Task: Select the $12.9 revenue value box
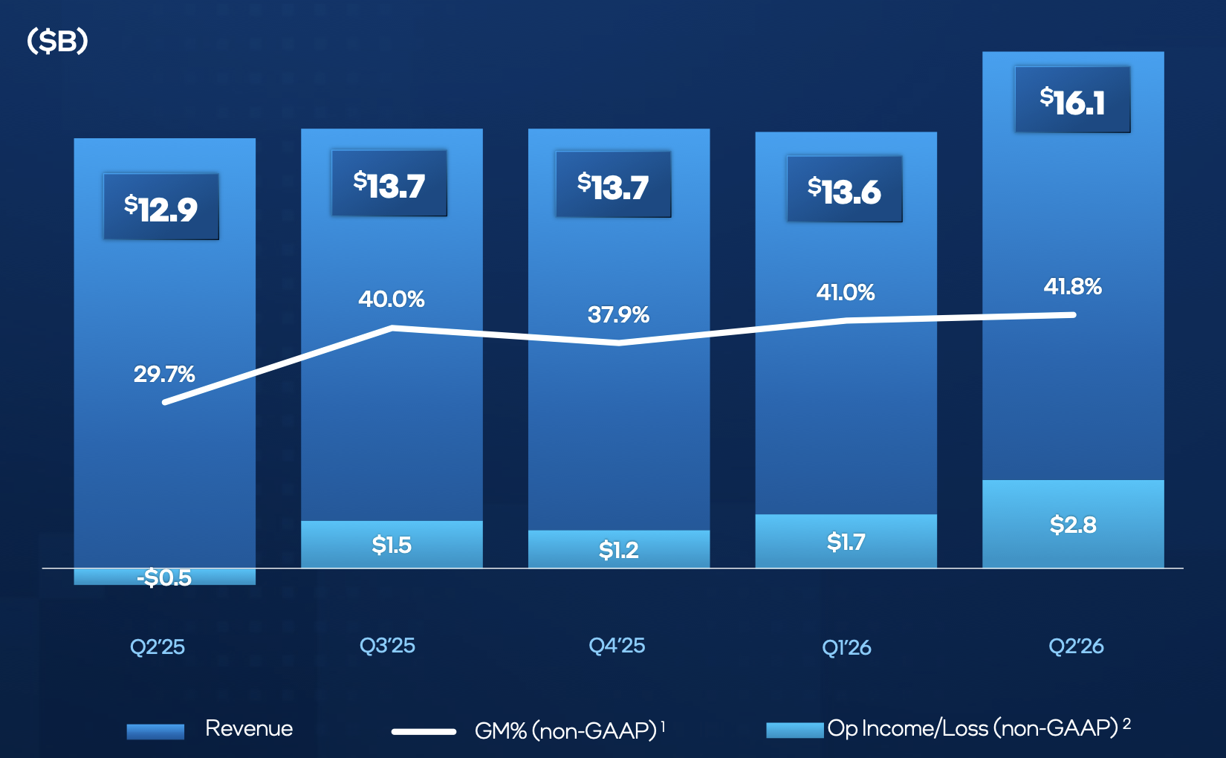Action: (x=161, y=207)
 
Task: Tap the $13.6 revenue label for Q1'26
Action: (x=845, y=189)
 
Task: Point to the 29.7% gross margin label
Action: (x=164, y=375)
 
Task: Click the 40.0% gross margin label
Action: (x=392, y=299)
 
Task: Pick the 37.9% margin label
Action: (x=618, y=314)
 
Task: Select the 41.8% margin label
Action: (x=1073, y=287)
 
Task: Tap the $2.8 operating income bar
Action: (x=1073, y=524)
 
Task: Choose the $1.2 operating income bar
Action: (x=618, y=549)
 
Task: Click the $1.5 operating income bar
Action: (x=392, y=544)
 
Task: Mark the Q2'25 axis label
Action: (x=158, y=647)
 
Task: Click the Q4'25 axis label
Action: (x=617, y=646)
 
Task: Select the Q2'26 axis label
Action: (x=1076, y=647)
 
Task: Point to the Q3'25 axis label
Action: (x=387, y=646)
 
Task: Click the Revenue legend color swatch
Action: (x=155, y=732)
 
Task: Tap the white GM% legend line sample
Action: (x=424, y=732)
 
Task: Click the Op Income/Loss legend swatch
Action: (x=795, y=730)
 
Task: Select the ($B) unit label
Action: (x=57, y=41)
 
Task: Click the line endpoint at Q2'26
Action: (x=1073, y=314)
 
